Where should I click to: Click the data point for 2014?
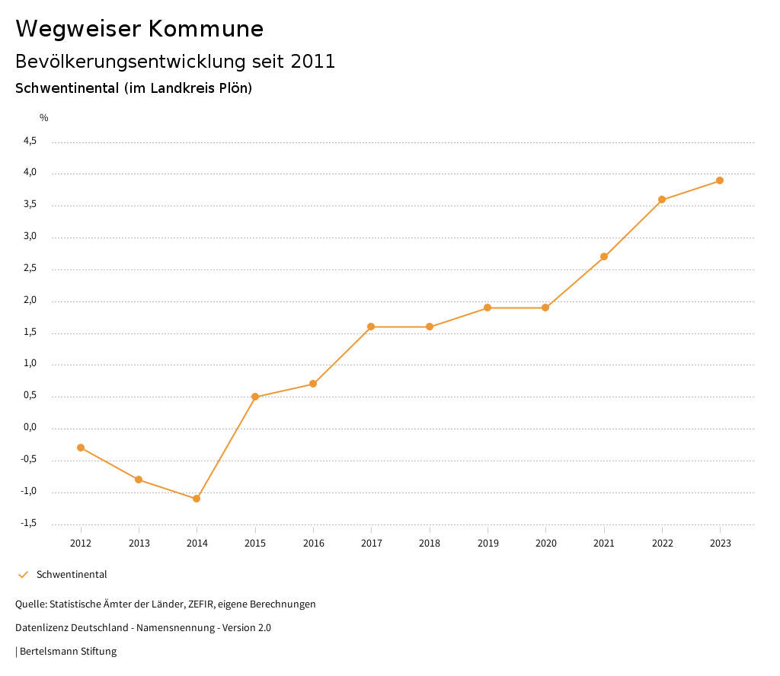(197, 499)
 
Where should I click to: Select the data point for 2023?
(720, 180)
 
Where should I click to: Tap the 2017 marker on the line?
(371, 327)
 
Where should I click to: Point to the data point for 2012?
(81, 448)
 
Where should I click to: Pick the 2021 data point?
(604, 257)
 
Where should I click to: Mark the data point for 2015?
(255, 397)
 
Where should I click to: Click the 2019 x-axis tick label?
(487, 544)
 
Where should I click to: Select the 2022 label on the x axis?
(662, 544)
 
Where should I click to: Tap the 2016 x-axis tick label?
(313, 544)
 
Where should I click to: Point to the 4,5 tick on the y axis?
(30, 141)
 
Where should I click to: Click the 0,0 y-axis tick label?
(30, 427)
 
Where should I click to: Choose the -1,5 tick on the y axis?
(28, 523)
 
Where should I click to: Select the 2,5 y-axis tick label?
(30, 268)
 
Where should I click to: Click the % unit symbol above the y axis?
(44, 118)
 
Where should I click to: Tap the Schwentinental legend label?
(72, 575)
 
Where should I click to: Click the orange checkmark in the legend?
(23, 575)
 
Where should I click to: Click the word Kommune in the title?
(206, 29)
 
